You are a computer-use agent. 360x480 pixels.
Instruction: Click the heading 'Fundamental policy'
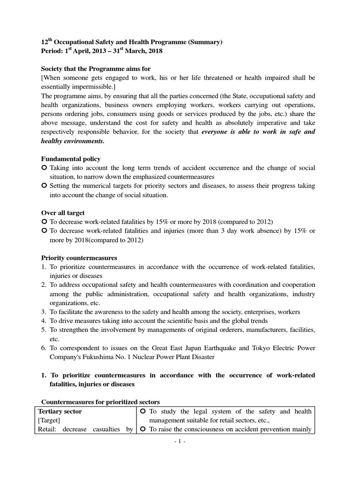pyautogui.click(x=71, y=159)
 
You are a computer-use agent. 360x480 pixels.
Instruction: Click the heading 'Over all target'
pyautogui.click(x=63, y=213)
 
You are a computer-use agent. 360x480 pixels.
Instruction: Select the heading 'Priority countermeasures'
pyautogui.click(x=79, y=258)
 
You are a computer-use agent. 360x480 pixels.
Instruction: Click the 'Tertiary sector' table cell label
pyautogui.click(x=60, y=411)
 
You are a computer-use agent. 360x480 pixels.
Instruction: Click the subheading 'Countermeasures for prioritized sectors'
pyautogui.click(x=101, y=401)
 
